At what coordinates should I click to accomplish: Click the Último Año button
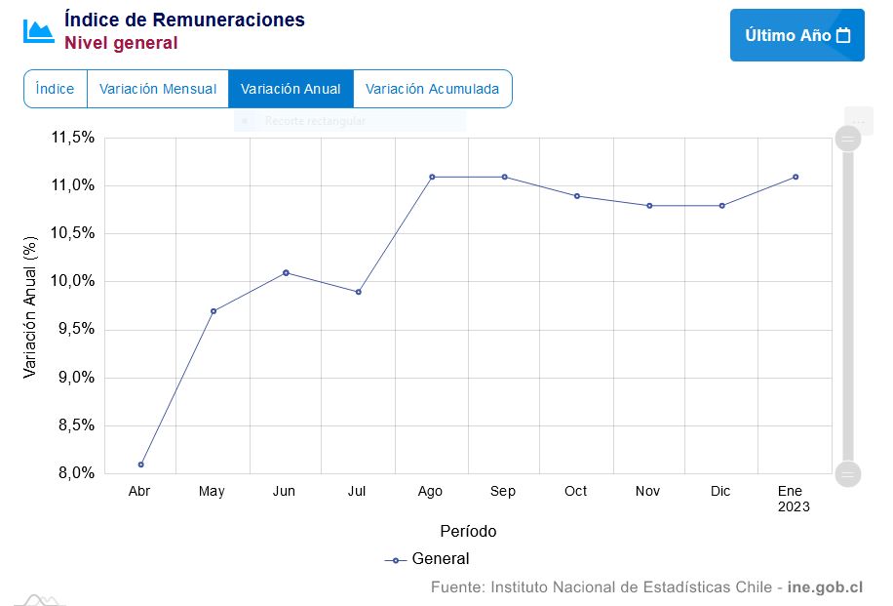click(x=796, y=35)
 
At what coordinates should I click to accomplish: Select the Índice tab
click(x=55, y=89)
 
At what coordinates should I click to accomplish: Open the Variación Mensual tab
click(x=158, y=89)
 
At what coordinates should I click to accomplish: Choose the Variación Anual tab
click(x=291, y=89)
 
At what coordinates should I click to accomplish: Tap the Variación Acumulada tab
click(x=432, y=89)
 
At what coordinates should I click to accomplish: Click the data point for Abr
click(x=140, y=465)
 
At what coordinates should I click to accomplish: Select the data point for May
click(x=213, y=311)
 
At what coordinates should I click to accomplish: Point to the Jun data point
click(x=286, y=272)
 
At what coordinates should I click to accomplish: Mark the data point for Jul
click(x=359, y=292)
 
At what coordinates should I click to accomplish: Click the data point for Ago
click(x=431, y=177)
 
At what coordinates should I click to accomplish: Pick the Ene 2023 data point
click(x=796, y=177)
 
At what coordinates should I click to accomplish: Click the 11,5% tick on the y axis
click(x=72, y=138)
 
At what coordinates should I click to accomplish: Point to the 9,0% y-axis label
click(x=72, y=378)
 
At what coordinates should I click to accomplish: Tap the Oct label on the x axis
click(x=575, y=491)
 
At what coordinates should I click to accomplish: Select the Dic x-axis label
click(x=720, y=491)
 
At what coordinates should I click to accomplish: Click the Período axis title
click(x=468, y=532)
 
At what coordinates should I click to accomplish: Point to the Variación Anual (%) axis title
click(x=29, y=305)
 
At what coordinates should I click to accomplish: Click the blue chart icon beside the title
click(x=39, y=30)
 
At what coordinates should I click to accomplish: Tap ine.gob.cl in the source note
click(x=826, y=587)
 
